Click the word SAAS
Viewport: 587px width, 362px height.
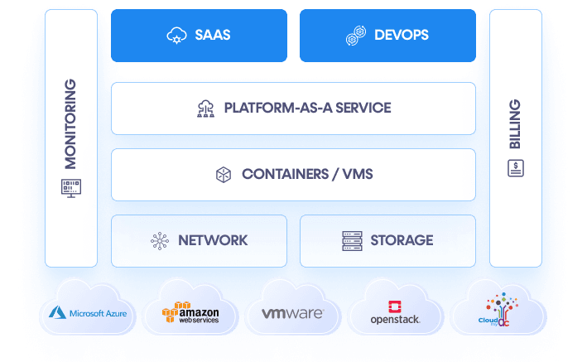213,36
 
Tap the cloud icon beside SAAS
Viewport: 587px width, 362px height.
176,36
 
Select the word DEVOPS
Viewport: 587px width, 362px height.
401,36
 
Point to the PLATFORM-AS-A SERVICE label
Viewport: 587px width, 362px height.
307,108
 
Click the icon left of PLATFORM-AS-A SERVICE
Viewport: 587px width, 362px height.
205,109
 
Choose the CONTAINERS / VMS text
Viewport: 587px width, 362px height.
307,174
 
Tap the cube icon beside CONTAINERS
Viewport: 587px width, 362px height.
223,175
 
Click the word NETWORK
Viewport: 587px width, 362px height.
213,240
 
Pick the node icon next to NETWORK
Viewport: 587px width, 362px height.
159,241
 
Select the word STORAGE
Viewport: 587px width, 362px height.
402,240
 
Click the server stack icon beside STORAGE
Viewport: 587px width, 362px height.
353,241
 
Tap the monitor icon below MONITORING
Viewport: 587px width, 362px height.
70,187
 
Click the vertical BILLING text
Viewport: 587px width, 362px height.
515,123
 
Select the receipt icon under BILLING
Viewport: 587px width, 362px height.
515,169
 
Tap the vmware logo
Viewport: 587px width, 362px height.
291,314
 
